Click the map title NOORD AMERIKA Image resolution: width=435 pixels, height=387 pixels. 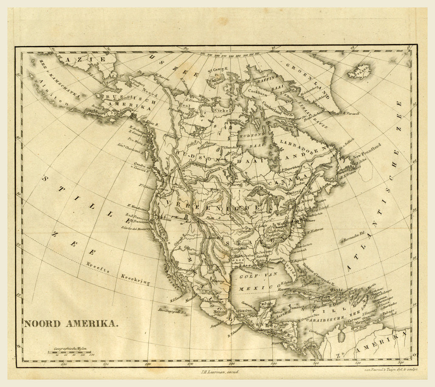pos(71,323)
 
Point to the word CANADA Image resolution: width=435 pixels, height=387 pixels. pos(294,178)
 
